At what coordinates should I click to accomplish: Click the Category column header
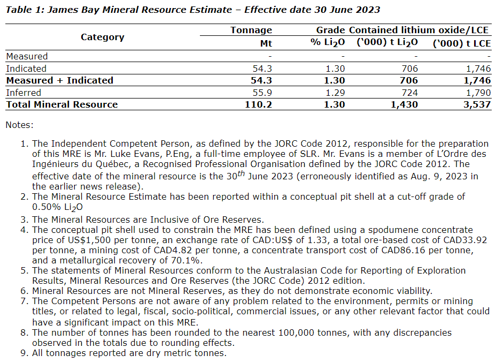[x=102, y=37]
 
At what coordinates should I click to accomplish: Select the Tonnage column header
[x=251, y=31]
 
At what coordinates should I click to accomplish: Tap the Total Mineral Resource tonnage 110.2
[x=259, y=104]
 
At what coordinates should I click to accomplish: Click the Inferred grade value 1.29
[x=335, y=93]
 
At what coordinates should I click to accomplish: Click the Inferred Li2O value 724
[x=408, y=93]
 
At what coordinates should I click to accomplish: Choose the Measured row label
[x=27, y=56]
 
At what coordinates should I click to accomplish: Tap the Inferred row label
[x=24, y=93]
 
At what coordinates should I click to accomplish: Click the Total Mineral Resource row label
[x=61, y=104]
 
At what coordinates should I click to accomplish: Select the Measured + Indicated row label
[x=59, y=80]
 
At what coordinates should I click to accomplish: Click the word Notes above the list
[x=19, y=125]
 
